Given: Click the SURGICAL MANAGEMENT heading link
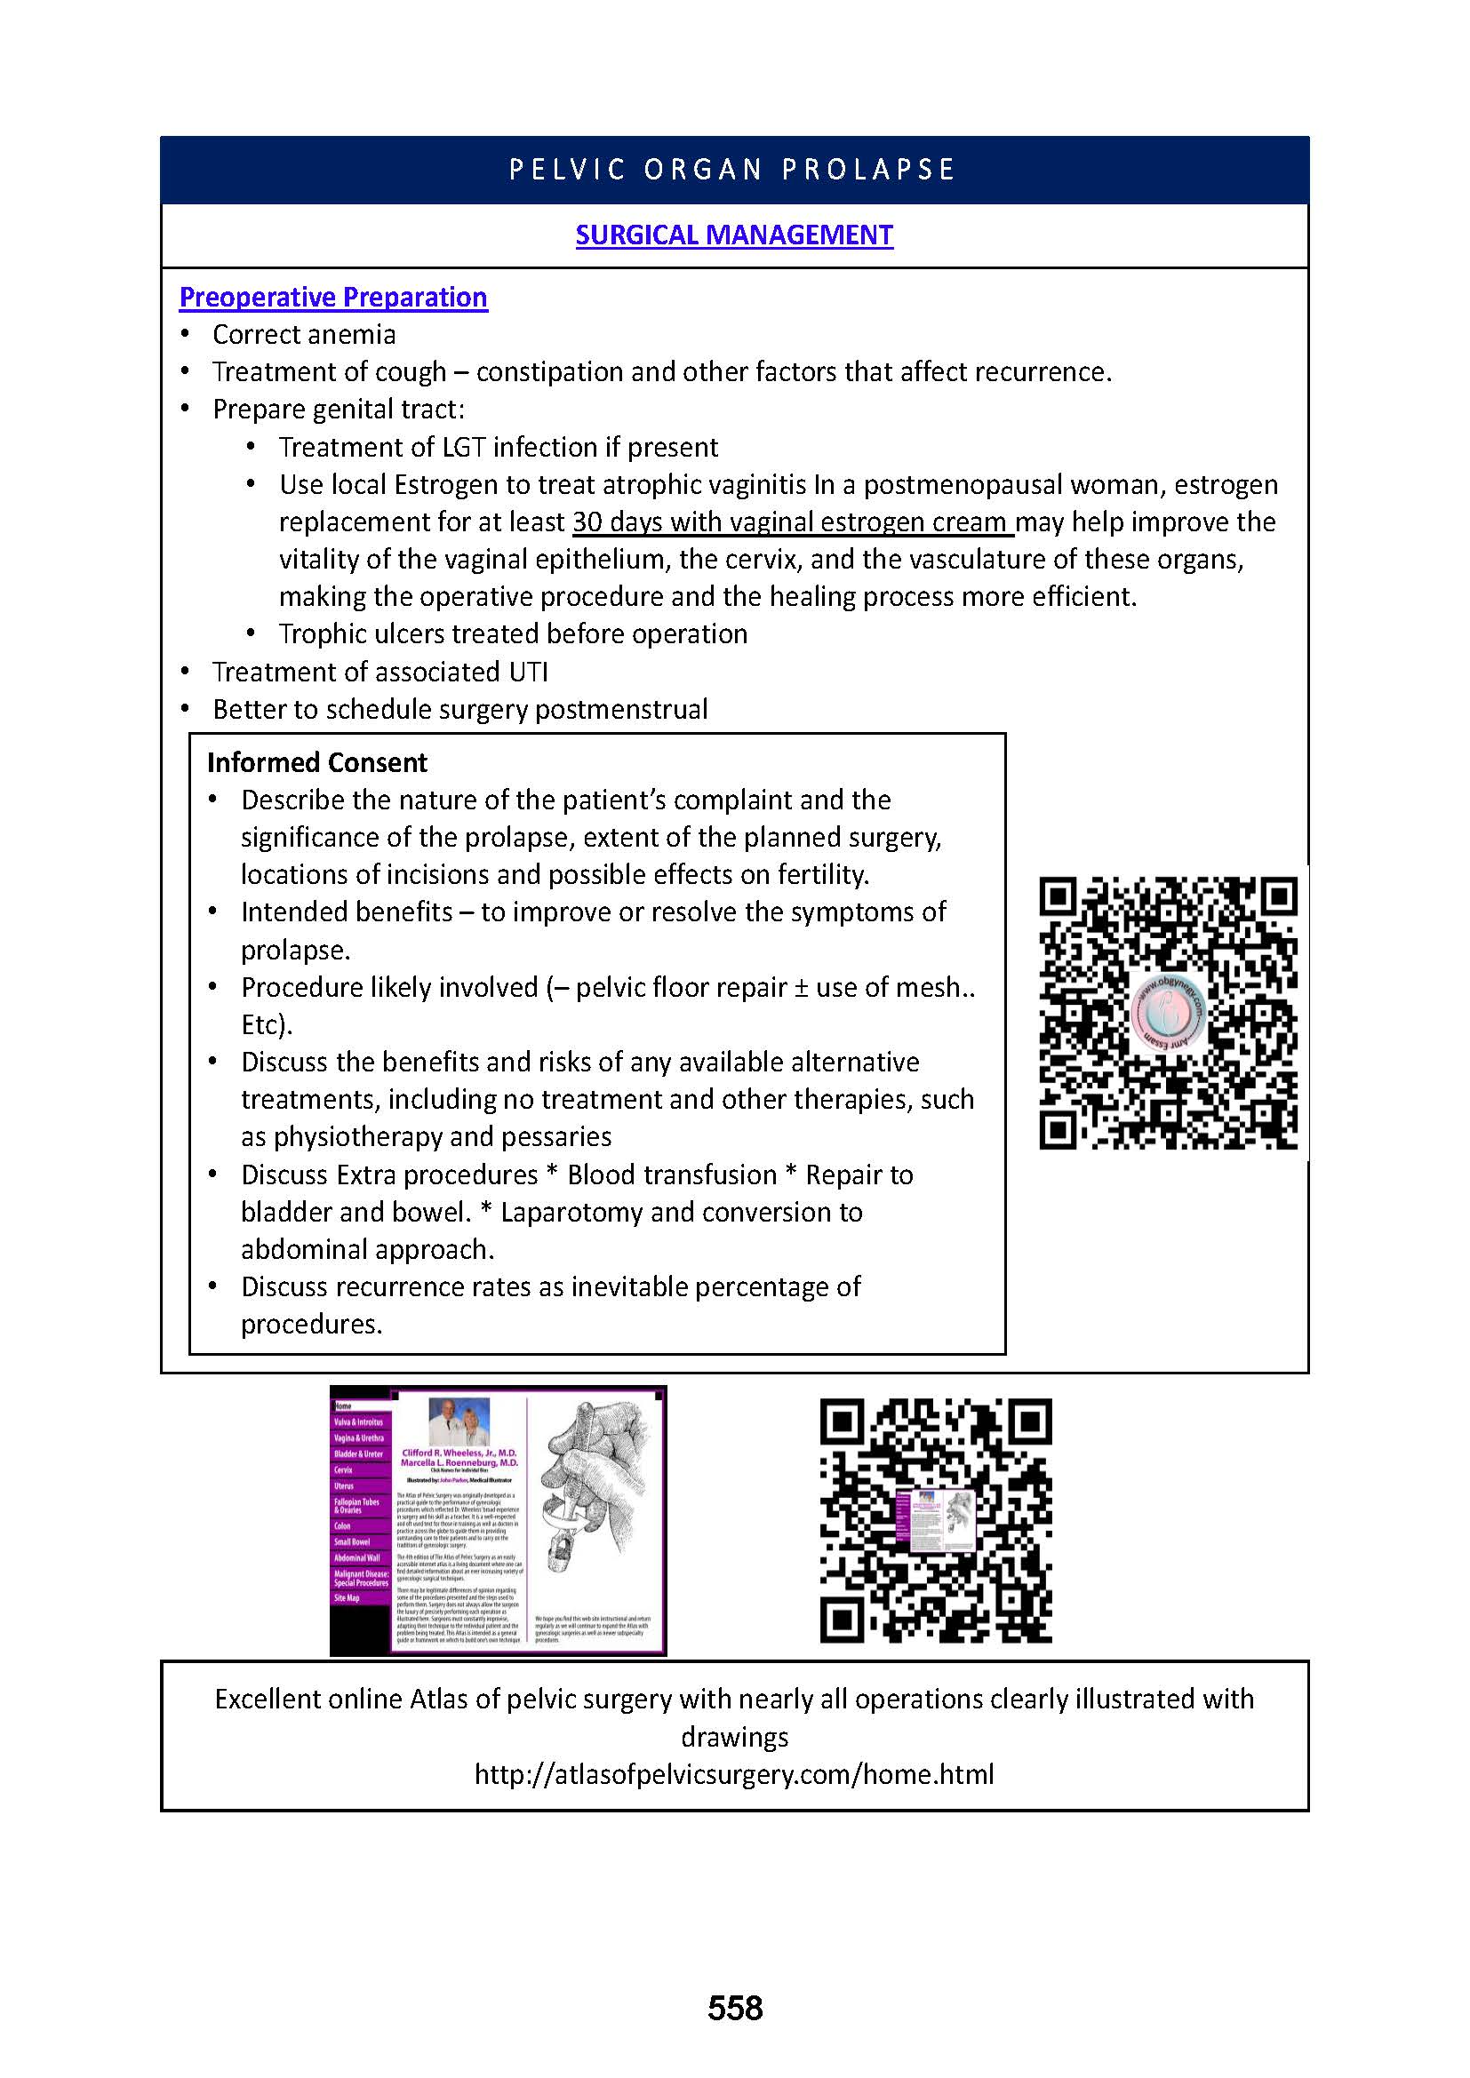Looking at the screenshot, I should pyautogui.click(x=734, y=235).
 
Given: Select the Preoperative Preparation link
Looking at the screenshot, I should pyautogui.click(x=333, y=298).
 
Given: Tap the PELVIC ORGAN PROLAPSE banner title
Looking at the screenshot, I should pyautogui.click(x=732, y=171).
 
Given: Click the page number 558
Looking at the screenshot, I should pyautogui.click(x=735, y=2008).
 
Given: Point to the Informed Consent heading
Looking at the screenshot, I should pyautogui.click(x=316, y=763).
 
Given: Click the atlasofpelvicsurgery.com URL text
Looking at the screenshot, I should pyautogui.click(x=734, y=1773).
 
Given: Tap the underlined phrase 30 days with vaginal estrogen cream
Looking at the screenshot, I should pyautogui.click(x=791, y=522).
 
